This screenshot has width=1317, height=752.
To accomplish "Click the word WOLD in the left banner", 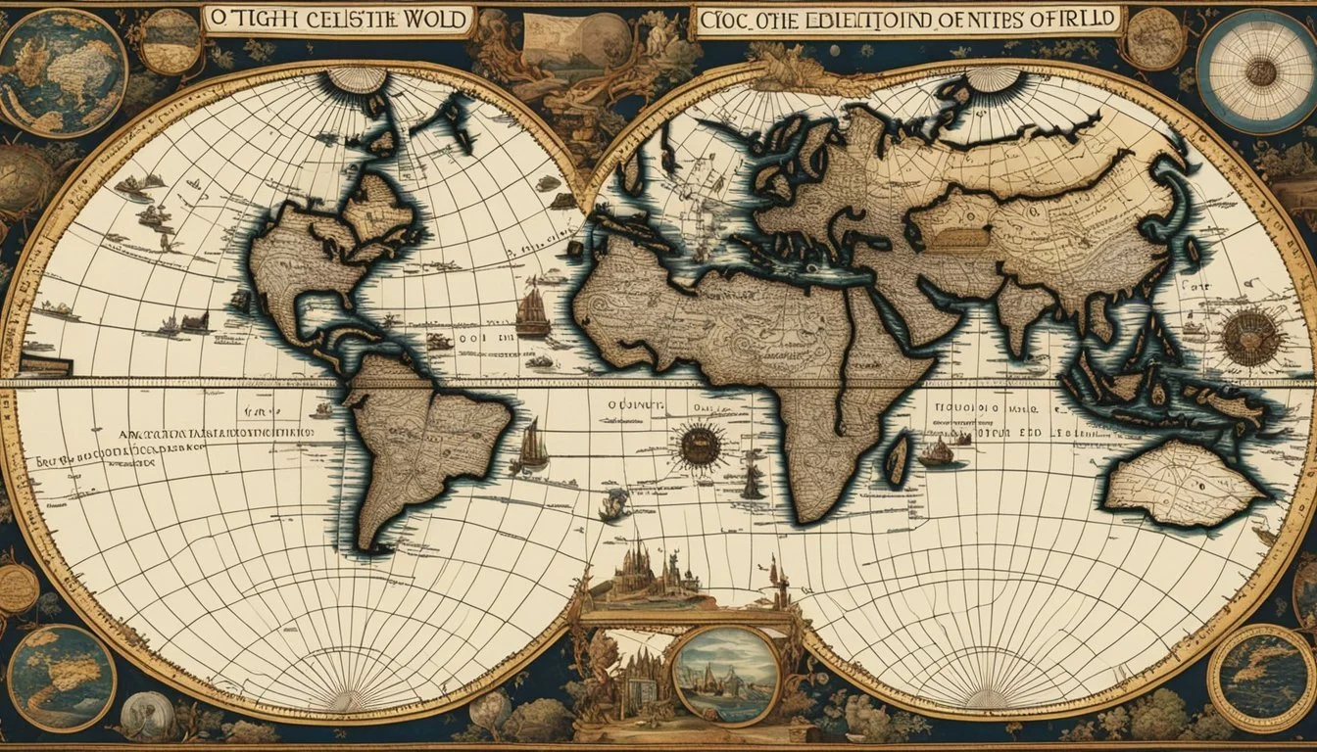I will [433, 20].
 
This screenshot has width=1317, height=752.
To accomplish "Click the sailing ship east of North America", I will [532, 313].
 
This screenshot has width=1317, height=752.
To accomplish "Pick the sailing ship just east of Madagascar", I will [937, 451].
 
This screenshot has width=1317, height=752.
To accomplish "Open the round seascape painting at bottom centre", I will [726, 674].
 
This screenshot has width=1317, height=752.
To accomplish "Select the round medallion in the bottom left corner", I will [61, 677].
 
